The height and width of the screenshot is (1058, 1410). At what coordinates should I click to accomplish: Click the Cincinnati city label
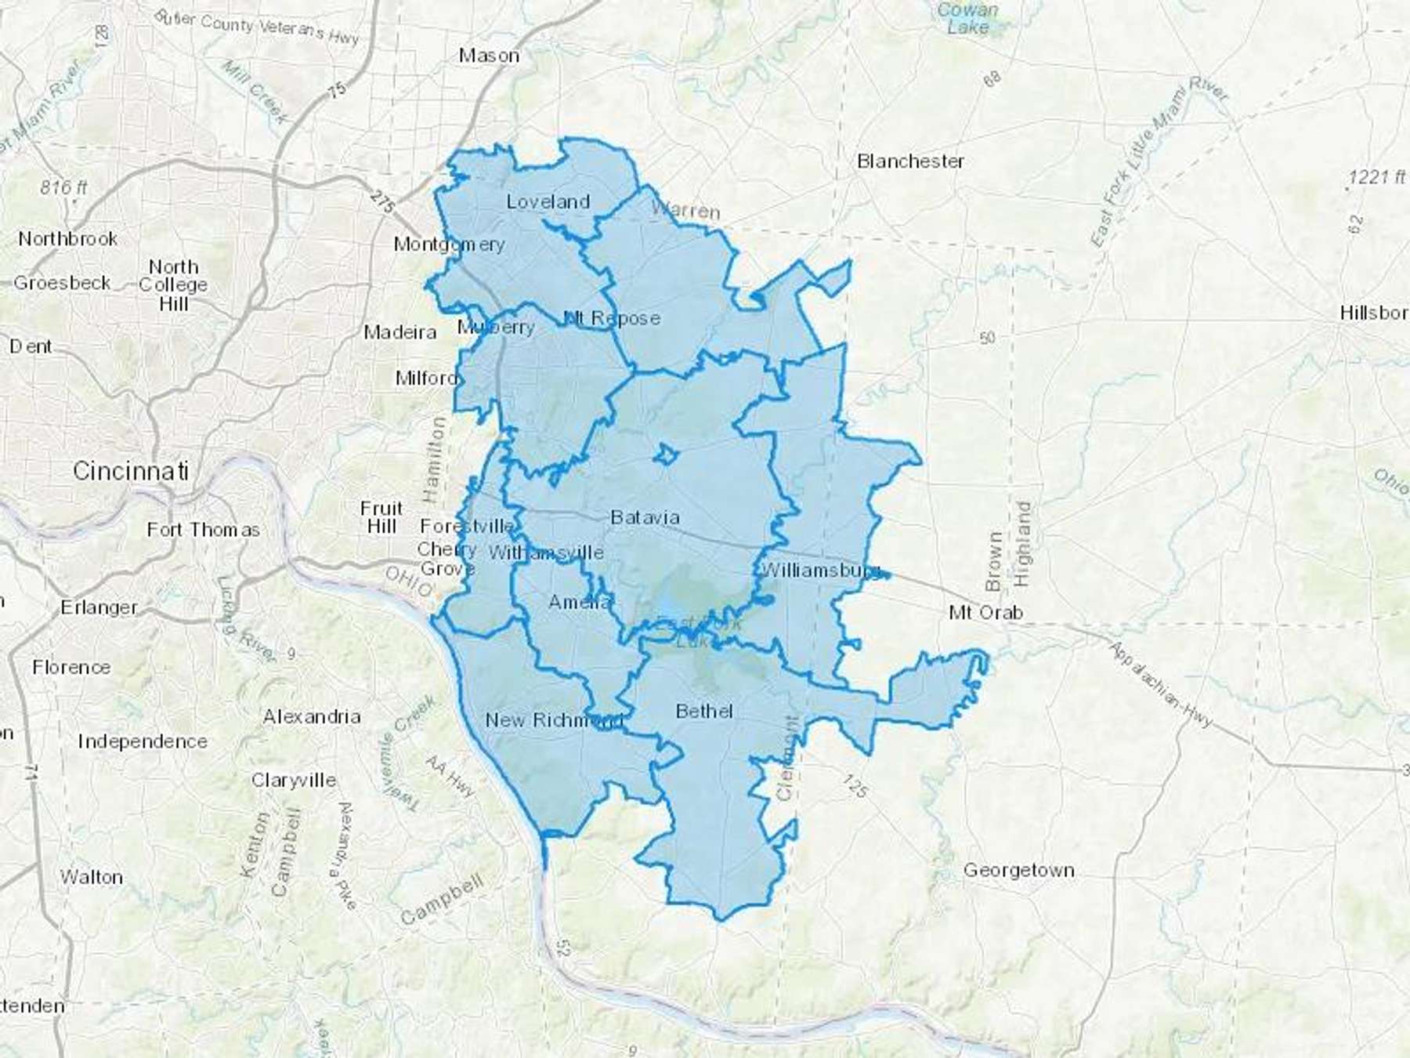coord(131,471)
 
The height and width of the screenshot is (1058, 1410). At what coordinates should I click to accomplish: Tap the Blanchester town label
coord(910,161)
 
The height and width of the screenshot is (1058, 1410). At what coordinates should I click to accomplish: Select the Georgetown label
coord(1018,870)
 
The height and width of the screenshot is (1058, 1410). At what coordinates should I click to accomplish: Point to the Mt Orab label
coord(985,612)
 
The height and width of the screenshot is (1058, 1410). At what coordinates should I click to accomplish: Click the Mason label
coord(489,56)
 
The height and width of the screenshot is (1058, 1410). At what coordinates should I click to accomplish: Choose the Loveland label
coord(548,201)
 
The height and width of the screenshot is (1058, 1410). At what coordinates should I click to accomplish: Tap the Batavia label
coord(645,517)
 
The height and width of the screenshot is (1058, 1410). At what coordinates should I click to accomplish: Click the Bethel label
coord(704,711)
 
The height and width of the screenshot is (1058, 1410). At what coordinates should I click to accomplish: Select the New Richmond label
coord(553,720)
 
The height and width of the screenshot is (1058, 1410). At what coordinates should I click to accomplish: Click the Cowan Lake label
coord(968,18)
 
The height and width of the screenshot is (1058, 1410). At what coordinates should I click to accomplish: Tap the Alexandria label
coord(312,716)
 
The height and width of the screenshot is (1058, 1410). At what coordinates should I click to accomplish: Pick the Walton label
coord(92,877)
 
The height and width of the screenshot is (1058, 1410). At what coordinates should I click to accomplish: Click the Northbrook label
coord(68,238)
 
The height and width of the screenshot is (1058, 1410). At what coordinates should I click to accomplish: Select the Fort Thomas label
coord(203,530)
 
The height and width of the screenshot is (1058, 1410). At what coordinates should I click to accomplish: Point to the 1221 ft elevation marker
coord(1376,177)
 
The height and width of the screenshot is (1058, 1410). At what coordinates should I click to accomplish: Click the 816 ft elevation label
coord(63,187)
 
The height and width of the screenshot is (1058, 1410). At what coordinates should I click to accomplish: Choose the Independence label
coord(143,741)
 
